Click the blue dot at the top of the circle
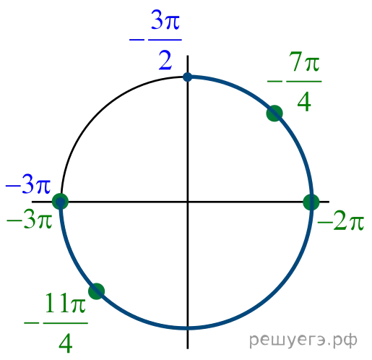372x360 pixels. (x=187, y=77)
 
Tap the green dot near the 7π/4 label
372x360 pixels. (x=274, y=113)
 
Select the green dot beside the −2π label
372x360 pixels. (x=311, y=202)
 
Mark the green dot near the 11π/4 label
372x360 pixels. (x=97, y=291)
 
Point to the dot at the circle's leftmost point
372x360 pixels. (x=60, y=202)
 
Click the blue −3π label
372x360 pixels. (x=28, y=185)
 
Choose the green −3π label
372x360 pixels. (x=29, y=220)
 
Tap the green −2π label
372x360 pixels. (x=340, y=222)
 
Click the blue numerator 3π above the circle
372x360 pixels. (x=165, y=21)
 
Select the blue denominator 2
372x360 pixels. (x=165, y=61)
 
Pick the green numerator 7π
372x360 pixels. (x=304, y=64)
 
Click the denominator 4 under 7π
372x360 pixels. (x=304, y=103)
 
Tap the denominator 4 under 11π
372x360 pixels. (x=66, y=344)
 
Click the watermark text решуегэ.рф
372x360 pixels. (x=303, y=340)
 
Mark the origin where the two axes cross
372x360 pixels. (x=188, y=202)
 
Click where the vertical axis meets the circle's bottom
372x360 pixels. (x=188, y=327)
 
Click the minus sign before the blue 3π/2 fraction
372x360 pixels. (x=137, y=40)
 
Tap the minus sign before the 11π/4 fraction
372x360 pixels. (x=31, y=323)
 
